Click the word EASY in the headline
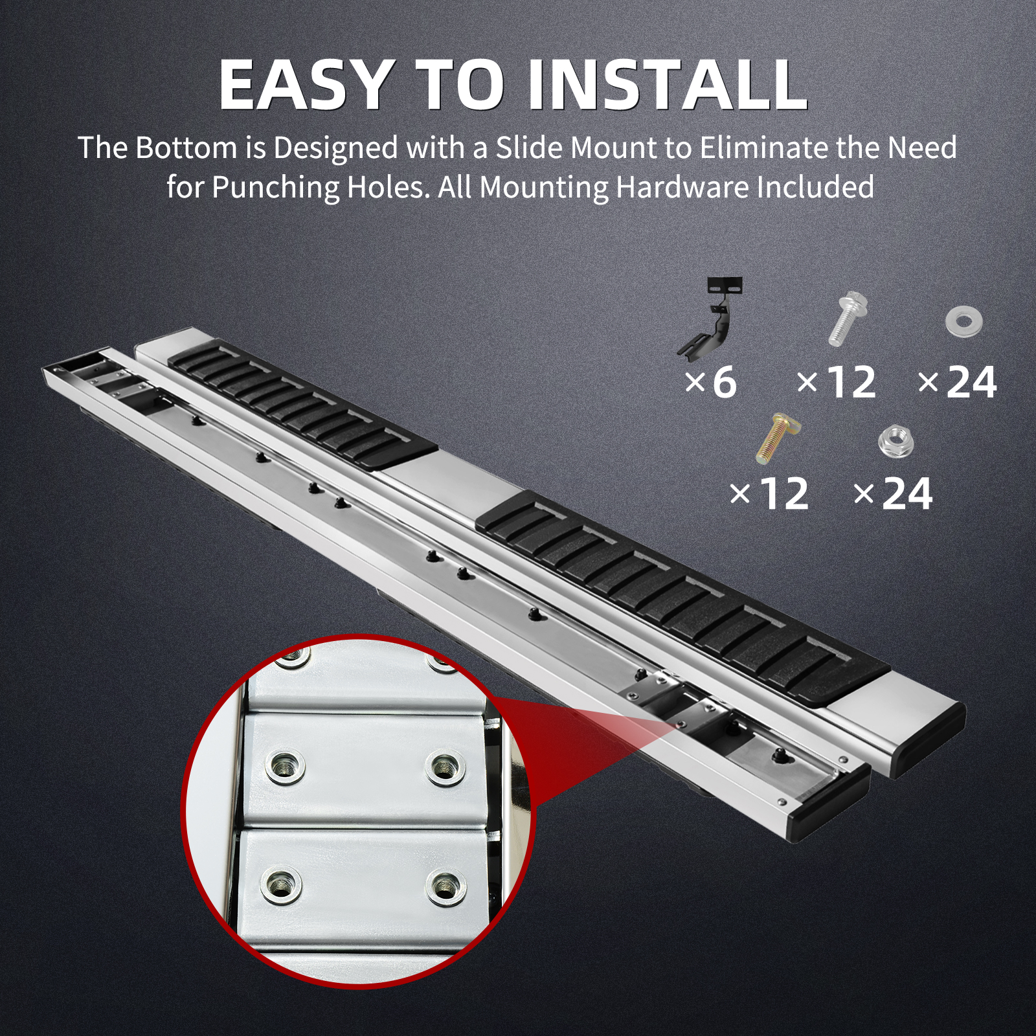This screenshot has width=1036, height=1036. [x=305, y=85]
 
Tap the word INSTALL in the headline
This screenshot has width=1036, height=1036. [x=668, y=85]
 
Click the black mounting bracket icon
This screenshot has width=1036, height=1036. [x=712, y=316]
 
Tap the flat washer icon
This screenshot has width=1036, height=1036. [x=963, y=322]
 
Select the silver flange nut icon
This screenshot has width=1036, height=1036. [x=896, y=440]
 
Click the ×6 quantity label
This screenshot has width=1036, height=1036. [x=711, y=382]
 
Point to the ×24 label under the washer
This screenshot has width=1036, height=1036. [x=958, y=383]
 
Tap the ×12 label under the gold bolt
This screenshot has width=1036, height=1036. [x=769, y=495]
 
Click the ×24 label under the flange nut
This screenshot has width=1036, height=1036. [x=894, y=495]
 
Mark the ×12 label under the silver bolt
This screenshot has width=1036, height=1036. [x=837, y=383]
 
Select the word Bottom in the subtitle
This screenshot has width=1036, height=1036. [x=186, y=148]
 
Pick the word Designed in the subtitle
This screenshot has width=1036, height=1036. [x=335, y=149]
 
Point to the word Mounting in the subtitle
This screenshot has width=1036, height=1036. [x=544, y=188]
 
